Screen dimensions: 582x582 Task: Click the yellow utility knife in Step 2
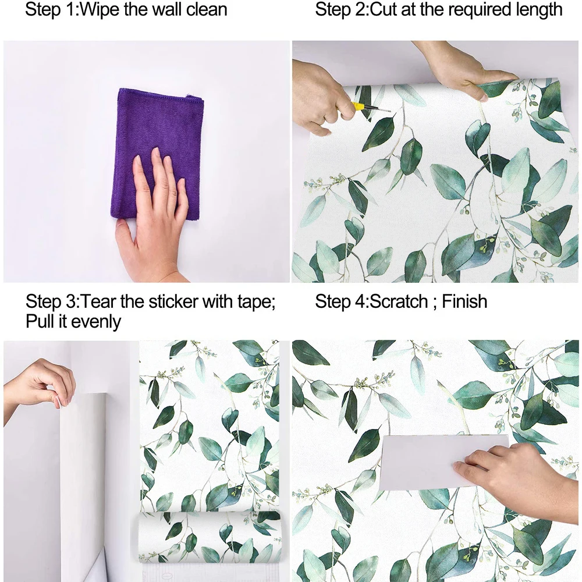pos(361,108)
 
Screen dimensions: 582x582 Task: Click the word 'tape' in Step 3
pos(253,301)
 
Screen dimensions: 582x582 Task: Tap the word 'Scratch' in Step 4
pos(402,301)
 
